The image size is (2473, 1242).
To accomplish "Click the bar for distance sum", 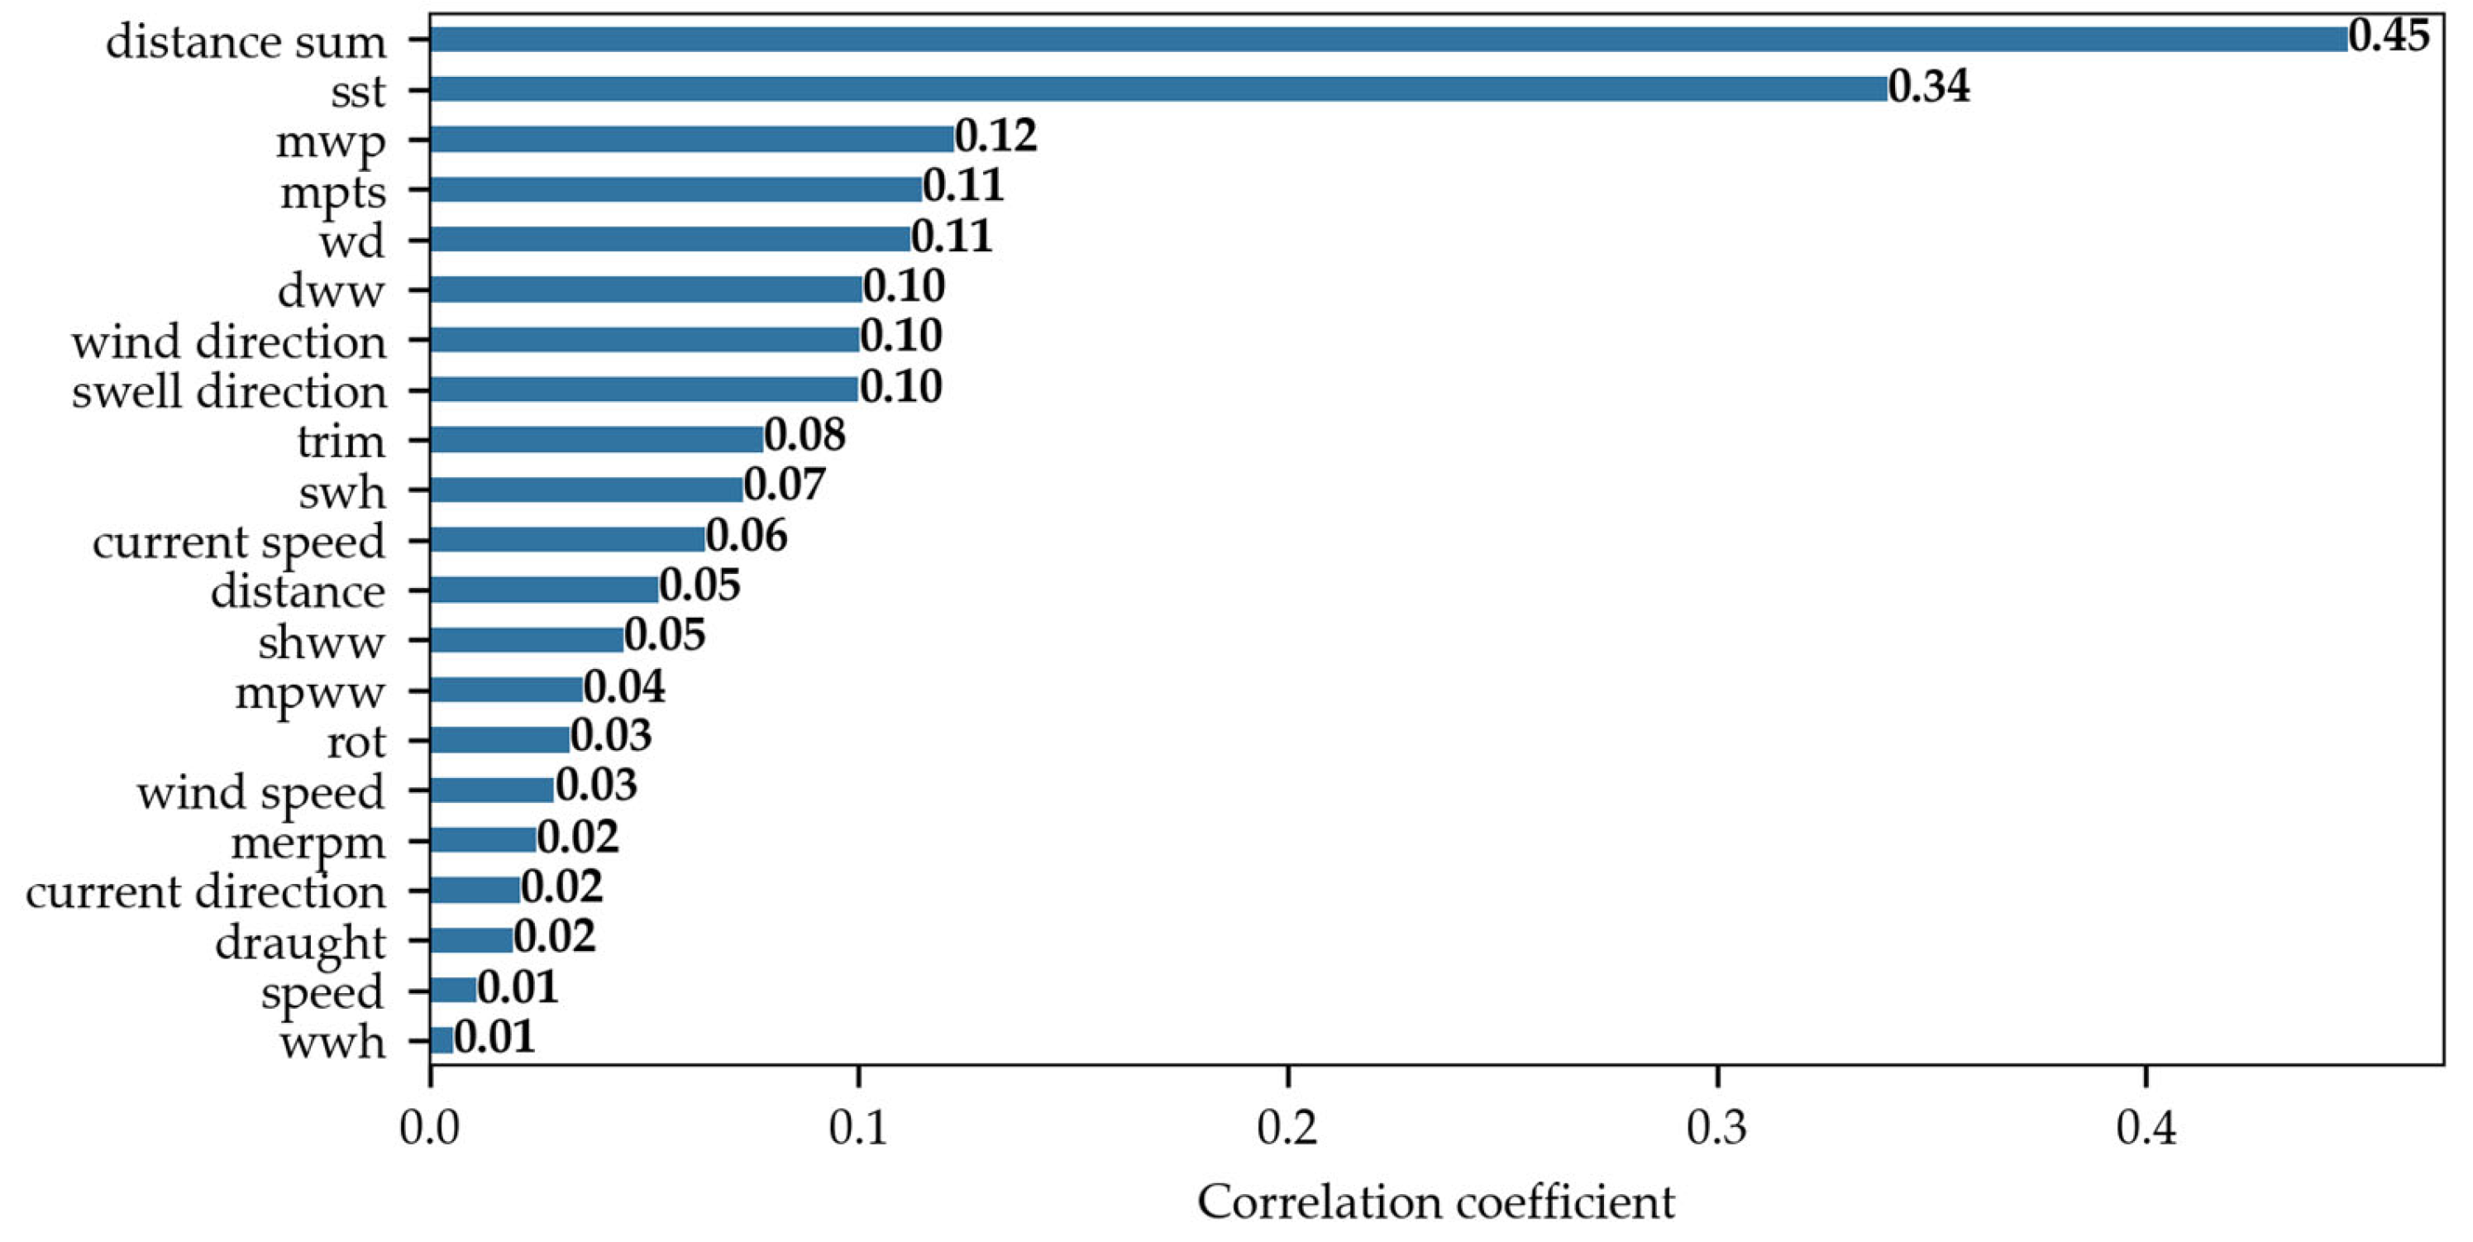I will pyautogui.click(x=1387, y=40).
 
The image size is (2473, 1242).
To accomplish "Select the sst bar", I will pyautogui.click(x=1158, y=89).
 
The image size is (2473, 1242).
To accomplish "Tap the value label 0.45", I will pyautogui.click(x=2389, y=36).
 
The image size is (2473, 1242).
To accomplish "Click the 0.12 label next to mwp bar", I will pyautogui.click(x=995, y=136).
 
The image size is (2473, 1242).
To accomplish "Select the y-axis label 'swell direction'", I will pyautogui.click(x=228, y=392).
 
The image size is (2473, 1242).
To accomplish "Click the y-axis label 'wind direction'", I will pyautogui.click(x=228, y=342).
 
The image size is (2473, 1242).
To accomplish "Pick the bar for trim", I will pyautogui.click(x=596, y=440).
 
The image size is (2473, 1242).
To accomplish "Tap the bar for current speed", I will pyautogui.click(x=567, y=539).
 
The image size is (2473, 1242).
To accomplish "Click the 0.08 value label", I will pyautogui.click(x=804, y=436).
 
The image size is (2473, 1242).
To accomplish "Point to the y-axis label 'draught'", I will pyautogui.click(x=299, y=943).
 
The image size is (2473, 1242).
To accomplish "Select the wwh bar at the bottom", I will pyautogui.click(x=442, y=1040).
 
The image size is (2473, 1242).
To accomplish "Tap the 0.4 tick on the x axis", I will pyautogui.click(x=2145, y=1129).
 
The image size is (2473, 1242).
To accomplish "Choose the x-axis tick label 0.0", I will pyautogui.click(x=429, y=1129).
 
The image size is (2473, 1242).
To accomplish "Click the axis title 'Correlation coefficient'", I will pyautogui.click(x=1435, y=1202).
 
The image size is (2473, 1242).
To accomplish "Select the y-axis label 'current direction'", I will pyautogui.click(x=205, y=892).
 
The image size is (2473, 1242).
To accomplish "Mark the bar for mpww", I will pyautogui.click(x=506, y=689).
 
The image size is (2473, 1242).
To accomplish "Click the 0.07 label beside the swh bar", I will pyautogui.click(x=785, y=485).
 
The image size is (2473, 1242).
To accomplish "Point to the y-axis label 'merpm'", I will pyautogui.click(x=308, y=843).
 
